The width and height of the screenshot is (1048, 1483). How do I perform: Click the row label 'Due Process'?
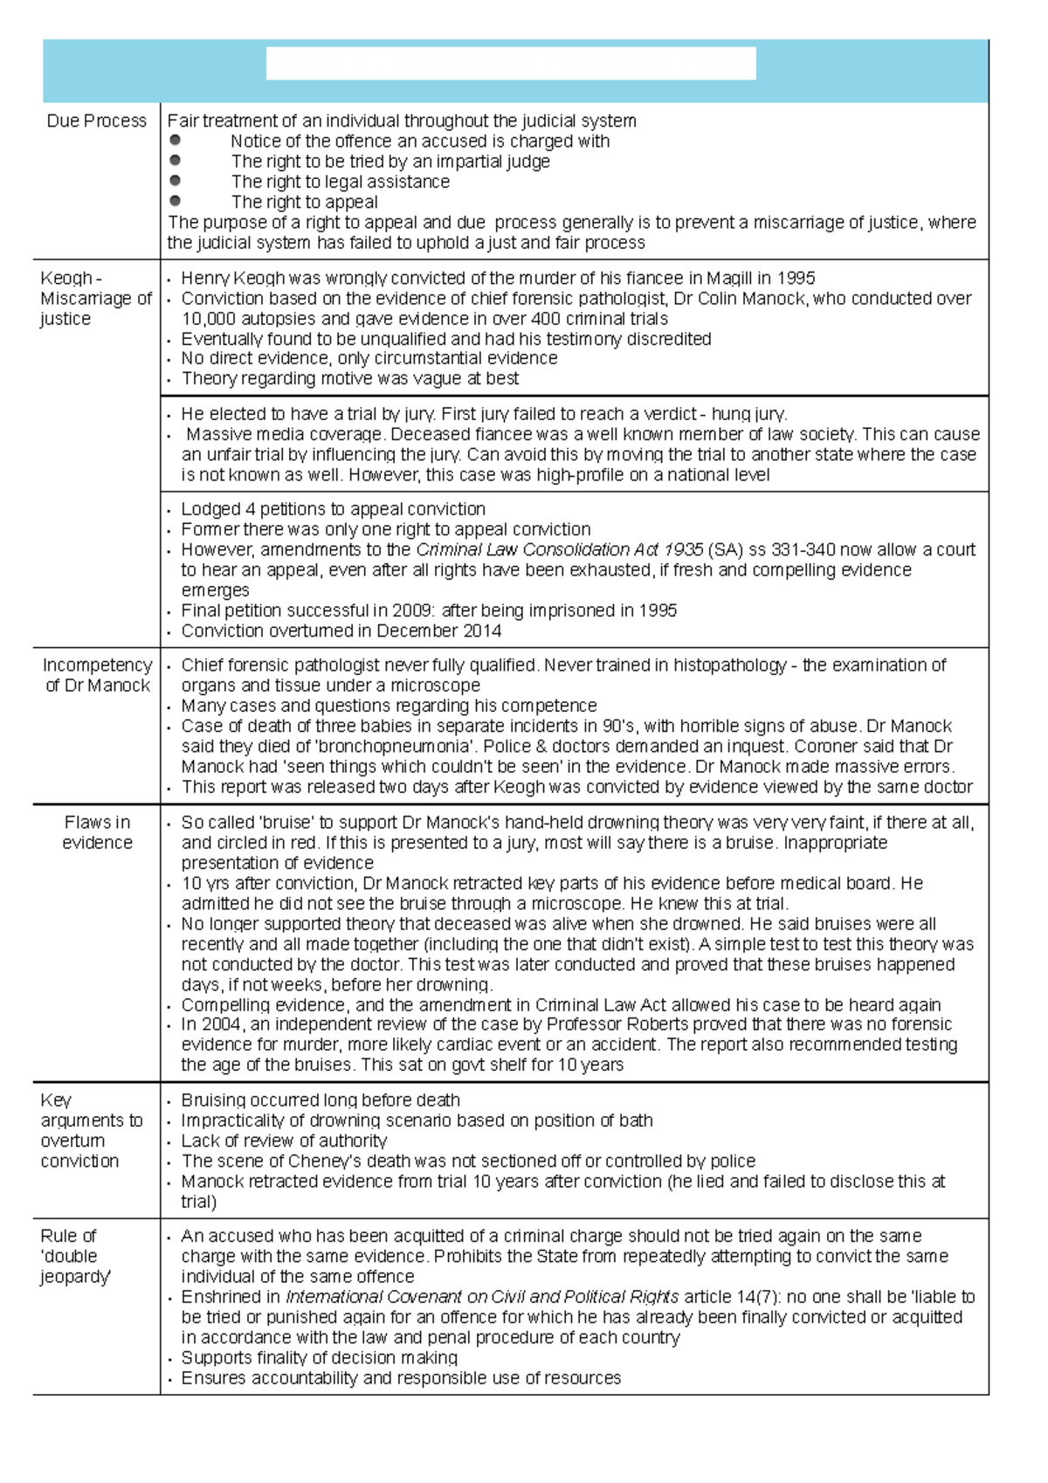tap(96, 121)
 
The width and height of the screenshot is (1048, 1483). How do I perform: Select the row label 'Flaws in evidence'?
tap(97, 832)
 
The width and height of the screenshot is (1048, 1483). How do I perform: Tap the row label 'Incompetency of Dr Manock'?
tap(97, 675)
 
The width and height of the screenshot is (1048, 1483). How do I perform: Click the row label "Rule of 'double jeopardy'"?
tap(75, 1256)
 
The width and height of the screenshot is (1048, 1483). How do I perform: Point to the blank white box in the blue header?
tap(511, 65)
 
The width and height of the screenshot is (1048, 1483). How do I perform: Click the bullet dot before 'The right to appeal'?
tap(176, 201)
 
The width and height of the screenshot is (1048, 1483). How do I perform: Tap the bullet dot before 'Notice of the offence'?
tap(176, 140)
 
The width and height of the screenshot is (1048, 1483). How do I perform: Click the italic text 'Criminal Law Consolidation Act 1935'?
tap(559, 550)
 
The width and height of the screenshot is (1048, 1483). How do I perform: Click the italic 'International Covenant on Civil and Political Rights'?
tap(482, 1297)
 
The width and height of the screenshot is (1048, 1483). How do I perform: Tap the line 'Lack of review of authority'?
tap(284, 1142)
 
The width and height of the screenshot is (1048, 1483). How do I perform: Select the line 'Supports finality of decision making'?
tap(319, 1358)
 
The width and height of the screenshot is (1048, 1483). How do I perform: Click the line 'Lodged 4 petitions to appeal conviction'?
tap(333, 509)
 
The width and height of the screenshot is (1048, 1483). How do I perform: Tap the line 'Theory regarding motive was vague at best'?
tap(349, 379)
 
